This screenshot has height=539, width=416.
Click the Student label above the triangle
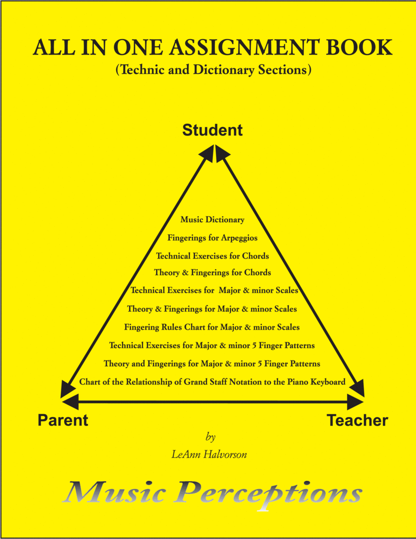(212, 130)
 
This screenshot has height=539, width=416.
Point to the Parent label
(63, 421)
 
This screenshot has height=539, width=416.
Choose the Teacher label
(357, 421)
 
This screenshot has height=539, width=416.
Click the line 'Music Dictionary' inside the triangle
(212, 220)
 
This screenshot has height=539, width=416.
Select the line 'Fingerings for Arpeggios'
(212, 238)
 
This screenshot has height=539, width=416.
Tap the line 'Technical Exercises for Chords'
(212, 255)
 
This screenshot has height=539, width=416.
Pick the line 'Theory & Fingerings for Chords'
(212, 273)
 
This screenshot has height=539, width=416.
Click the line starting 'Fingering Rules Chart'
(212, 327)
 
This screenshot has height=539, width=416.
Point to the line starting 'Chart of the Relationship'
(212, 382)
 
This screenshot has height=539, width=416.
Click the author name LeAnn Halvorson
(209, 454)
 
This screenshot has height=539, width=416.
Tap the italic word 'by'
(210, 437)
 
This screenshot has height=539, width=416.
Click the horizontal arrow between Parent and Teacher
(212, 402)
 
